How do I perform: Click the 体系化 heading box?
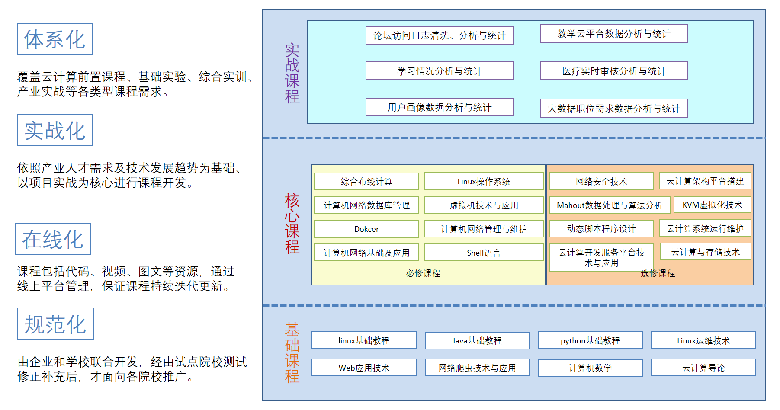coord(55,39)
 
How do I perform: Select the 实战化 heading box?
coord(55,130)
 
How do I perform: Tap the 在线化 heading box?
coord(53,239)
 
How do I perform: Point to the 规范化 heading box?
coord(55,324)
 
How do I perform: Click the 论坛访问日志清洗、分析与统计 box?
coord(439,35)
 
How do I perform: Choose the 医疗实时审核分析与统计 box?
coord(613,71)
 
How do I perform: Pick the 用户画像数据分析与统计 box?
coord(439,107)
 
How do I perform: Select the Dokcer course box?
coord(366,229)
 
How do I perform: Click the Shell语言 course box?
coord(484,253)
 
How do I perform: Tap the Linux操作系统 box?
coord(484,181)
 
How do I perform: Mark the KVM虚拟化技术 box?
coord(712,205)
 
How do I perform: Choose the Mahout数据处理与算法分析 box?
coord(609,205)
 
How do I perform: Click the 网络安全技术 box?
coord(601,181)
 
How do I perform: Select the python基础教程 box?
coord(590,340)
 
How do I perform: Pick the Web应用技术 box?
coord(364,368)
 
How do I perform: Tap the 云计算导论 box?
coord(703,368)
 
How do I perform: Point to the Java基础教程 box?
coord(477,340)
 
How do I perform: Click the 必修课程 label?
coord(423,273)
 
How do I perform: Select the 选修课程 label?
coord(658,273)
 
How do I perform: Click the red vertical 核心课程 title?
coord(292,224)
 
